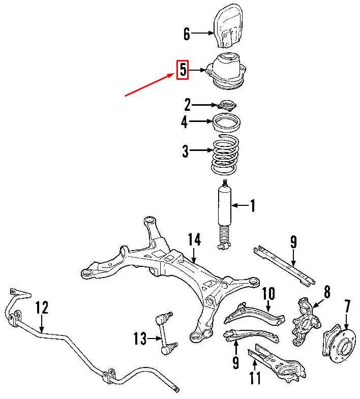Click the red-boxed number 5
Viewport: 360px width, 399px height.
[x=183, y=70]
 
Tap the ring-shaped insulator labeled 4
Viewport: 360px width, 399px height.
[x=227, y=122]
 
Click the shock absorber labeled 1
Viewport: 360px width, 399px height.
[x=224, y=213]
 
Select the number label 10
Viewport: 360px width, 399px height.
[x=268, y=295]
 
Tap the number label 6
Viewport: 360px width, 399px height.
[x=187, y=34]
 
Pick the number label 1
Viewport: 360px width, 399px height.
[x=252, y=206]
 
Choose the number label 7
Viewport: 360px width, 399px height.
[x=347, y=307]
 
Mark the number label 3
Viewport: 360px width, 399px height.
[x=186, y=151]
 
